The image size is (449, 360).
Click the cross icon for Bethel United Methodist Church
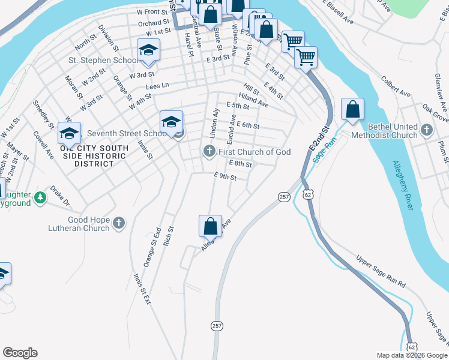[427, 130]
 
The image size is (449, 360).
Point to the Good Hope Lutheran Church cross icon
[119, 224]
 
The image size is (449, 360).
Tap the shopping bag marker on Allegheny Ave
[210, 227]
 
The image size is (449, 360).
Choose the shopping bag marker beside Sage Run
[353, 110]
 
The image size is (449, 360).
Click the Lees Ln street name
[158, 86]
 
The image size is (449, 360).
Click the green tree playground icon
[40, 197]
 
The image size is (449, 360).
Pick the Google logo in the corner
[20, 353]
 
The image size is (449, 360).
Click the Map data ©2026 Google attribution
[412, 355]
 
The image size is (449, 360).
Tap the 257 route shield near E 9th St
[284, 197]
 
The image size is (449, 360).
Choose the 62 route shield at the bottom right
[411, 347]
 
